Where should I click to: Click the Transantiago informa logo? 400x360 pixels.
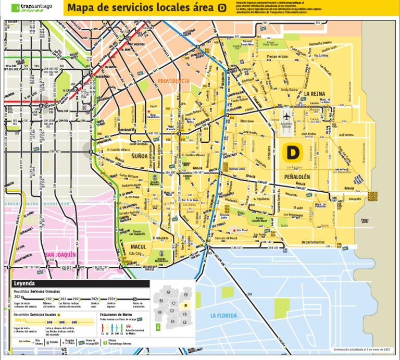click(32, 8)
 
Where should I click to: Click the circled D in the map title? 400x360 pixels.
click(222, 8)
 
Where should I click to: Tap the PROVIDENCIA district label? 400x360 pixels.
click(174, 81)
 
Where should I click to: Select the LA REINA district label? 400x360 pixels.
click(315, 94)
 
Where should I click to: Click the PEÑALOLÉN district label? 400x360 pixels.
click(297, 177)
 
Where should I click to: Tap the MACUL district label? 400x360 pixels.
click(138, 246)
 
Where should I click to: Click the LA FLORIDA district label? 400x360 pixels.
click(223, 316)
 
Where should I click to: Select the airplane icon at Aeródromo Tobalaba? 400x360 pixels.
click(286, 116)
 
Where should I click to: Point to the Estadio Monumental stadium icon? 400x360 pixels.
click(161, 254)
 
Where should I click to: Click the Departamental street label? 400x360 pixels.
click(314, 242)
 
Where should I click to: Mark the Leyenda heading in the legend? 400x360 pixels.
click(24, 284)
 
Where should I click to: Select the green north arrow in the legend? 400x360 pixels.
click(158, 327)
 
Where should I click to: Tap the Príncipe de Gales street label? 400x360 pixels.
click(278, 56)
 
